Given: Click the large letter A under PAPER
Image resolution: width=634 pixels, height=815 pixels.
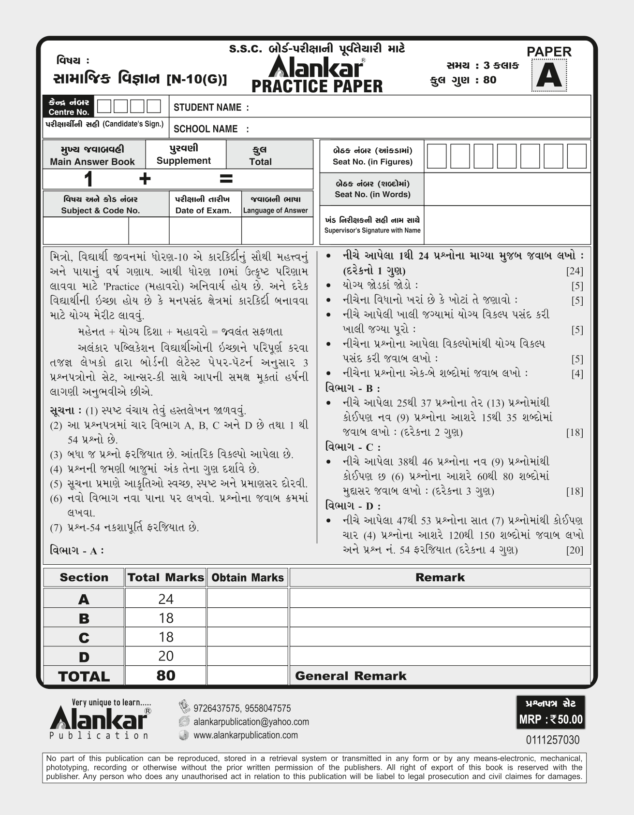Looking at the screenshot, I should coord(548,76).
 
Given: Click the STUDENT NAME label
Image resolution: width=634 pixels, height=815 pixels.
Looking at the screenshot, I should coord(211,107).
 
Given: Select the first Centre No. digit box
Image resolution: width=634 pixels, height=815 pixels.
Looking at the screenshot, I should coord(104,106).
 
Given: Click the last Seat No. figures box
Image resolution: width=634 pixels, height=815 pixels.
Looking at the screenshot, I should coord(576,156).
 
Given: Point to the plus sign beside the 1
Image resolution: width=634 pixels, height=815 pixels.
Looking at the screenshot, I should coord(145,179).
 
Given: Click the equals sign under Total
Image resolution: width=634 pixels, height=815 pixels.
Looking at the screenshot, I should coord(226,179).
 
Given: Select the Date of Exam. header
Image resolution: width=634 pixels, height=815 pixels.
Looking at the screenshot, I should coord(203,210).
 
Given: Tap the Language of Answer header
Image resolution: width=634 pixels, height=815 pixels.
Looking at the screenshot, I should coord(275,210).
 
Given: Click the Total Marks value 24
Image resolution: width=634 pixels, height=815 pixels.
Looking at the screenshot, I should coord(165,599).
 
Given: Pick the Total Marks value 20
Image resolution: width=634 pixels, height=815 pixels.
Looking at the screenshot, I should coord(165,656).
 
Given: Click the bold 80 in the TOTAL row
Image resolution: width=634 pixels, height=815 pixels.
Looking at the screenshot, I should coord(165,675).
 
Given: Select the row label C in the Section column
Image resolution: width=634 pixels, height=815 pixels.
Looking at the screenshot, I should coord(84,638).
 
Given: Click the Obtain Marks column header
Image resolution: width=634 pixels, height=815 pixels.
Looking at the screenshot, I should coord(248,578).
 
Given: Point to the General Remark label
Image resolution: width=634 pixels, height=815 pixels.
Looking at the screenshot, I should coord(351,676).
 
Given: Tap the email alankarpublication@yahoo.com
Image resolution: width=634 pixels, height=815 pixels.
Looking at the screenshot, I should coord(251,722).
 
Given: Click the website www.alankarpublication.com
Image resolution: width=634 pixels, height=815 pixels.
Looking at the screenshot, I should coord(245,735).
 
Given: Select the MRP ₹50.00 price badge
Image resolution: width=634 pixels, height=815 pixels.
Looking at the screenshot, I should coord(551,719).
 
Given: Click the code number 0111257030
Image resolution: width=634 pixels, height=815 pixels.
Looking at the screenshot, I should coord(552,740).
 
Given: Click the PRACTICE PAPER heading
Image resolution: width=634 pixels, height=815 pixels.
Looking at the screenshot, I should coord(317,86).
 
